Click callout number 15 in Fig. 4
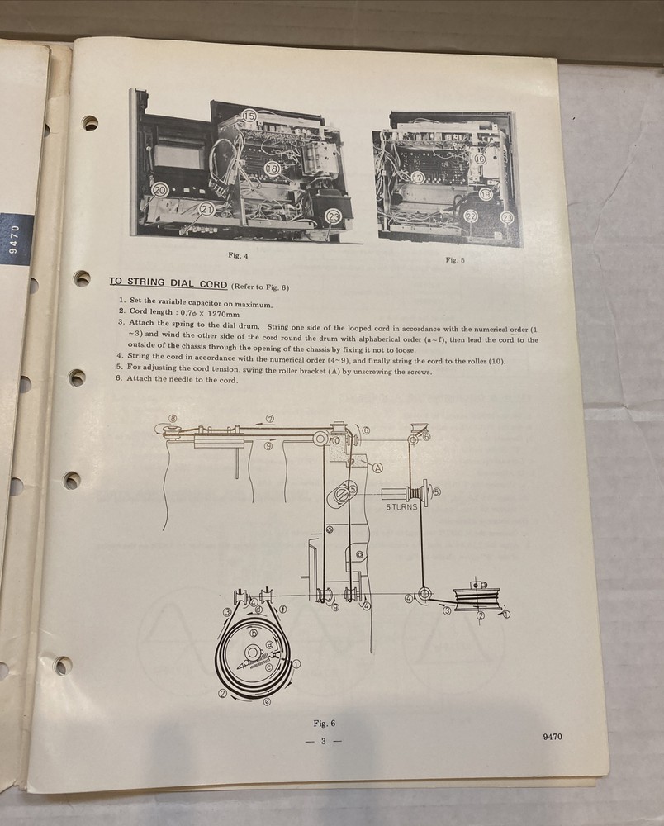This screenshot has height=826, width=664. (x=249, y=117)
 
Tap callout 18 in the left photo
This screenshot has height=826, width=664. (x=272, y=169)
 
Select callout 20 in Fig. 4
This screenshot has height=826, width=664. (x=160, y=190)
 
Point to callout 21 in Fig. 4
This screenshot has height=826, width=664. (x=206, y=209)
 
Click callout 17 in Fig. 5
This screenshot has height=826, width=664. (x=418, y=178)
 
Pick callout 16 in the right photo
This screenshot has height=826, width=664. (x=480, y=159)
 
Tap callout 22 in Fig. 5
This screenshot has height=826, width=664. (x=471, y=216)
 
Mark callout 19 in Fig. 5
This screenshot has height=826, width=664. (x=486, y=194)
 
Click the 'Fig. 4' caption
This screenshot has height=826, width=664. (x=237, y=255)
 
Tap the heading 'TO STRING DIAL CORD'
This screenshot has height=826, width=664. (x=168, y=282)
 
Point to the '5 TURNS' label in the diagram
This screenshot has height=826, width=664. (x=401, y=507)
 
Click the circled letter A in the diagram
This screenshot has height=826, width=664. (x=378, y=467)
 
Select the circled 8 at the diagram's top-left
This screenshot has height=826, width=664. (x=172, y=418)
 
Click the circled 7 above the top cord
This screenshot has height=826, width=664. (x=269, y=419)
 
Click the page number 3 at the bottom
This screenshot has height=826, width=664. (x=324, y=741)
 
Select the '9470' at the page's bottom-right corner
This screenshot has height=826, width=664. (x=553, y=738)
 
